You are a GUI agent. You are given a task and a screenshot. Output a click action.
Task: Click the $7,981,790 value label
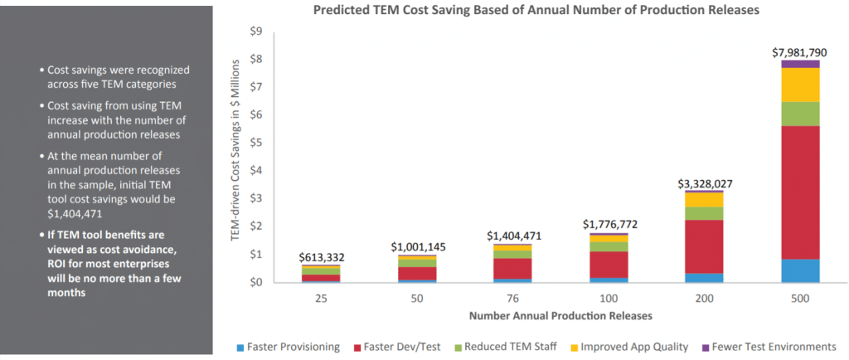[798, 52]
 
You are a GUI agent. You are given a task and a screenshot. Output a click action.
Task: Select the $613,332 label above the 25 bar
[320, 258]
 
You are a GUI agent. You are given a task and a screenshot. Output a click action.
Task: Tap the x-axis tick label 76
[512, 295]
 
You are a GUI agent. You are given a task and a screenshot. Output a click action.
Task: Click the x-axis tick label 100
[608, 295]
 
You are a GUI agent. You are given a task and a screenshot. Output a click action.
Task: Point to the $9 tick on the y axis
[256, 32]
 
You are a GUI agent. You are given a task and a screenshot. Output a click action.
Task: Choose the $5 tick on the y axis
[256, 143]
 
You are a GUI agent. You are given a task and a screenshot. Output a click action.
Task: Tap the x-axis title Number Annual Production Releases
[560, 315]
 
